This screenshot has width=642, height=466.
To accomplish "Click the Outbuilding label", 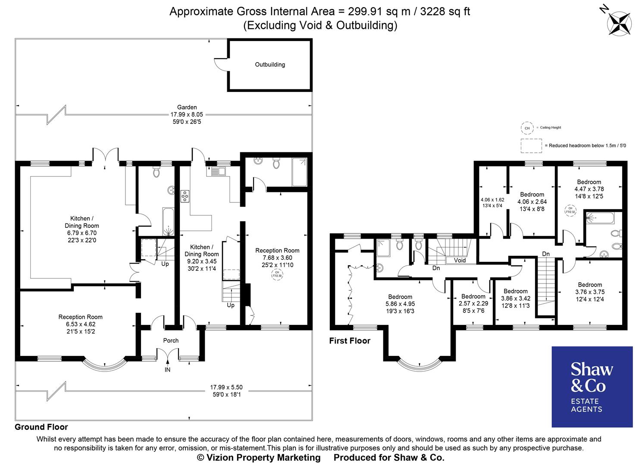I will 270,65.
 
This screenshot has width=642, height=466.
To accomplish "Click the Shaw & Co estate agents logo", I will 592,387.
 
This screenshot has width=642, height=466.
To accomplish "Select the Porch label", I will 171,340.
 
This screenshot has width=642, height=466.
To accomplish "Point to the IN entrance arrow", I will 167,369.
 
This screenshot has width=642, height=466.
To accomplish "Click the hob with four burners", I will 185,196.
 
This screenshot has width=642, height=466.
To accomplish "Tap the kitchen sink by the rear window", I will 216,172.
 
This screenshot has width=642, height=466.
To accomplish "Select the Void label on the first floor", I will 460,260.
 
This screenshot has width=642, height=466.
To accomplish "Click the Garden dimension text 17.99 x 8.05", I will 187,115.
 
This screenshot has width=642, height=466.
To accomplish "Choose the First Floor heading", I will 350,341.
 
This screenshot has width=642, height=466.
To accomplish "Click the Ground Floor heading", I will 41,427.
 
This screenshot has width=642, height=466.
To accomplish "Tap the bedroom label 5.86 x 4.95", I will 400,304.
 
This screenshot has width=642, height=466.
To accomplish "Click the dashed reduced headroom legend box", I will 531,145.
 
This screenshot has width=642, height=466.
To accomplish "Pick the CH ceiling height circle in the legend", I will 526,128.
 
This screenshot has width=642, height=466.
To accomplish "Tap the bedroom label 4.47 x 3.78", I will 589,189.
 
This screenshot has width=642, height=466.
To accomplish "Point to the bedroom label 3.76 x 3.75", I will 590,292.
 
